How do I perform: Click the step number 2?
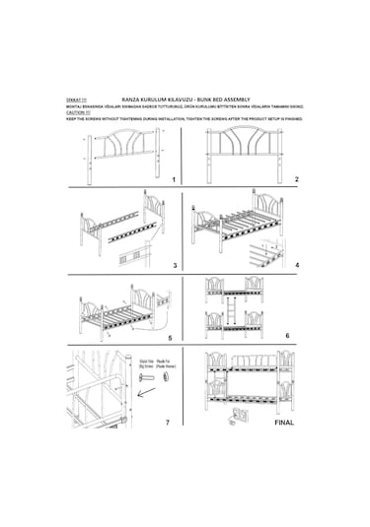[x=297, y=180]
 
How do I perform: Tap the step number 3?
[x=174, y=266]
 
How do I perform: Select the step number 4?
[x=297, y=265]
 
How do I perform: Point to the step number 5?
[x=170, y=337]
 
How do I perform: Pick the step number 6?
[x=288, y=336]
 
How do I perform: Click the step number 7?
[x=168, y=422]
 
